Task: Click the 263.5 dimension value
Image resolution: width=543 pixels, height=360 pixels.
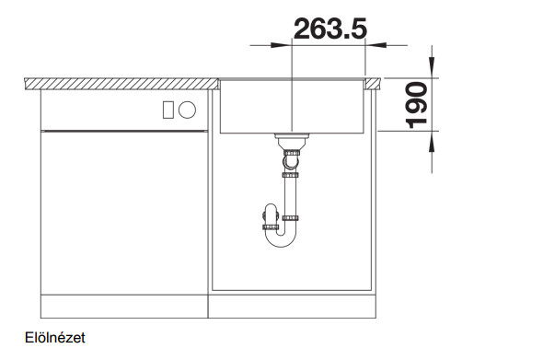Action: tap(330, 29)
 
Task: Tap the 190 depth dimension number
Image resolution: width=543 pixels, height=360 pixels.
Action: tap(416, 105)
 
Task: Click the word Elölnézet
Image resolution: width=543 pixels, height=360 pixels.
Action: tap(54, 338)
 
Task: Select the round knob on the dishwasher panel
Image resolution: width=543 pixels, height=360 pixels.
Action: tap(188, 110)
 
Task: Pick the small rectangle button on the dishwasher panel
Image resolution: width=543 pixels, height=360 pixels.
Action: tap(168, 110)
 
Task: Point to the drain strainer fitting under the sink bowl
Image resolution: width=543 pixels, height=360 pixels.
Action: tap(292, 140)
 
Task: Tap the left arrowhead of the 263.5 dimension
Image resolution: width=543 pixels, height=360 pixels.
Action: tap(280, 45)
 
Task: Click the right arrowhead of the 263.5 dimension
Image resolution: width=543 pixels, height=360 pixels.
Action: tap(376, 45)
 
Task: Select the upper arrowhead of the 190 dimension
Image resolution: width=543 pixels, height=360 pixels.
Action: tap(432, 66)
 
